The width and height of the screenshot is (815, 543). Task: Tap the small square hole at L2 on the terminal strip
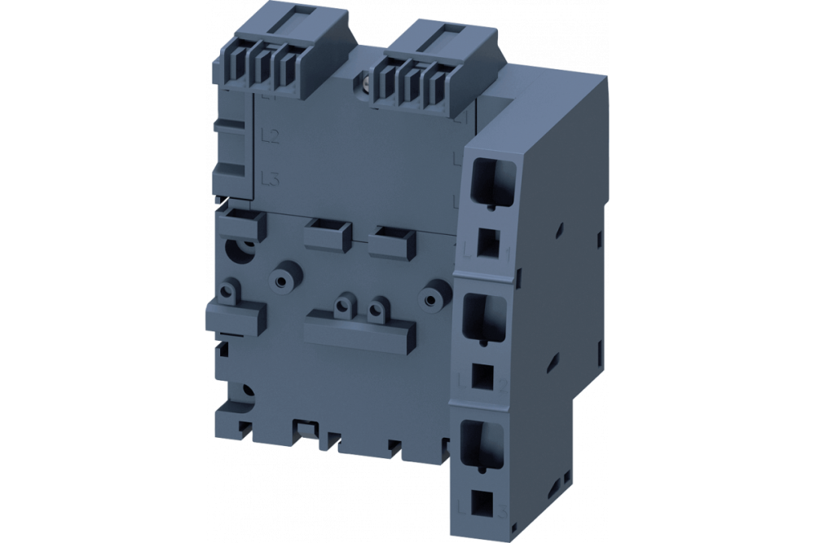coord(482,375)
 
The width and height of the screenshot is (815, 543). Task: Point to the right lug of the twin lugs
coord(375,309)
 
